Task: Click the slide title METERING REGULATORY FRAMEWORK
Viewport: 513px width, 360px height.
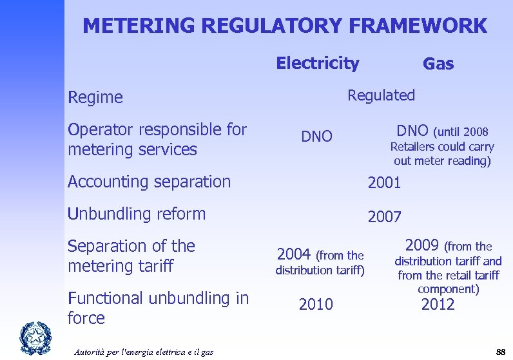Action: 285,26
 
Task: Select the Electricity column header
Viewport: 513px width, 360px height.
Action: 317,63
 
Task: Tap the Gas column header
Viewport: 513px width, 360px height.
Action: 438,64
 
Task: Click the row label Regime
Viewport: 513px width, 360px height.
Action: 95,97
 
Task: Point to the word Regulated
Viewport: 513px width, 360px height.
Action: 381,95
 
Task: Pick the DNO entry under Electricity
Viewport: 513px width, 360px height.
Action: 317,137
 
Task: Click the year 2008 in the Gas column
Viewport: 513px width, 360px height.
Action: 476,133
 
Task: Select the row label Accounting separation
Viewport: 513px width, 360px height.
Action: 149,182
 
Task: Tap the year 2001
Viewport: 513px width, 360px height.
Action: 384,183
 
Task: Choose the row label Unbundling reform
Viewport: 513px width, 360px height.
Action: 137,214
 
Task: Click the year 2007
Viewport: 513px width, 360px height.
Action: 384,217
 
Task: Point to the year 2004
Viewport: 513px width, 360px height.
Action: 294,254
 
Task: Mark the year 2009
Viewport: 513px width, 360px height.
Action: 423,245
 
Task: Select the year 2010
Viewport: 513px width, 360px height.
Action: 316,305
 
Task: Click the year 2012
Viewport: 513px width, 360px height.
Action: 438,305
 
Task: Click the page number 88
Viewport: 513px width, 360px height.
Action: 500,351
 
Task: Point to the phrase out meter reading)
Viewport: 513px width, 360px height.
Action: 442,161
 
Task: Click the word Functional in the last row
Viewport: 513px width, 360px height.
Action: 104,298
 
